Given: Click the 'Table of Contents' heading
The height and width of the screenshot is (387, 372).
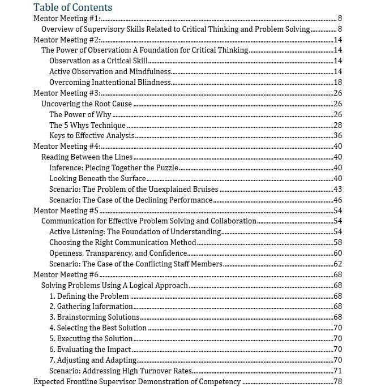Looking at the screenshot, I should tap(72, 7).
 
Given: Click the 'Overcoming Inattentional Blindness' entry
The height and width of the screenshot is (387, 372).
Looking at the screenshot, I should tap(110, 82).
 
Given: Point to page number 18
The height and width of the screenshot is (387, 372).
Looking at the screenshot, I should tap(338, 82).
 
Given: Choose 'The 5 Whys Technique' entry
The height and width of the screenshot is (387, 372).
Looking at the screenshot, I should tap(87, 125).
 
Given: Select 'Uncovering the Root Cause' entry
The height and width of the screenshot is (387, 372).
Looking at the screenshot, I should tap(87, 104).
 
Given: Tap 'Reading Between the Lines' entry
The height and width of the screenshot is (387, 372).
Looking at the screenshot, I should tap(87, 157).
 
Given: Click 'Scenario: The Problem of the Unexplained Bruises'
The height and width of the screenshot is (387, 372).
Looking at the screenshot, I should tap(134, 189).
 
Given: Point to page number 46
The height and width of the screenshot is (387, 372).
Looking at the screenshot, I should tap(338, 200).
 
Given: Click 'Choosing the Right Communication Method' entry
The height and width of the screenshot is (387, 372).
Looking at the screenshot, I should tap(122, 242).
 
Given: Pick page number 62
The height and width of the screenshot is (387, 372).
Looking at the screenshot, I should tap(338, 264).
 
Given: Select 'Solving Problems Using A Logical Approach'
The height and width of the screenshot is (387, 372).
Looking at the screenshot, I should tap(115, 285).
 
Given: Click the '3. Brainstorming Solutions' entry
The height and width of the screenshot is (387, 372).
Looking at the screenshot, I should tap(94, 317).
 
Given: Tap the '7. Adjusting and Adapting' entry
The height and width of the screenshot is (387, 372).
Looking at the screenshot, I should tap(93, 360).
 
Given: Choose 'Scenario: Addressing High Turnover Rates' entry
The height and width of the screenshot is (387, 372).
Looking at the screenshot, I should tap(120, 371).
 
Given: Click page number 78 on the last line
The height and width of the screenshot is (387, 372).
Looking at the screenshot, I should tap(338, 381).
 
